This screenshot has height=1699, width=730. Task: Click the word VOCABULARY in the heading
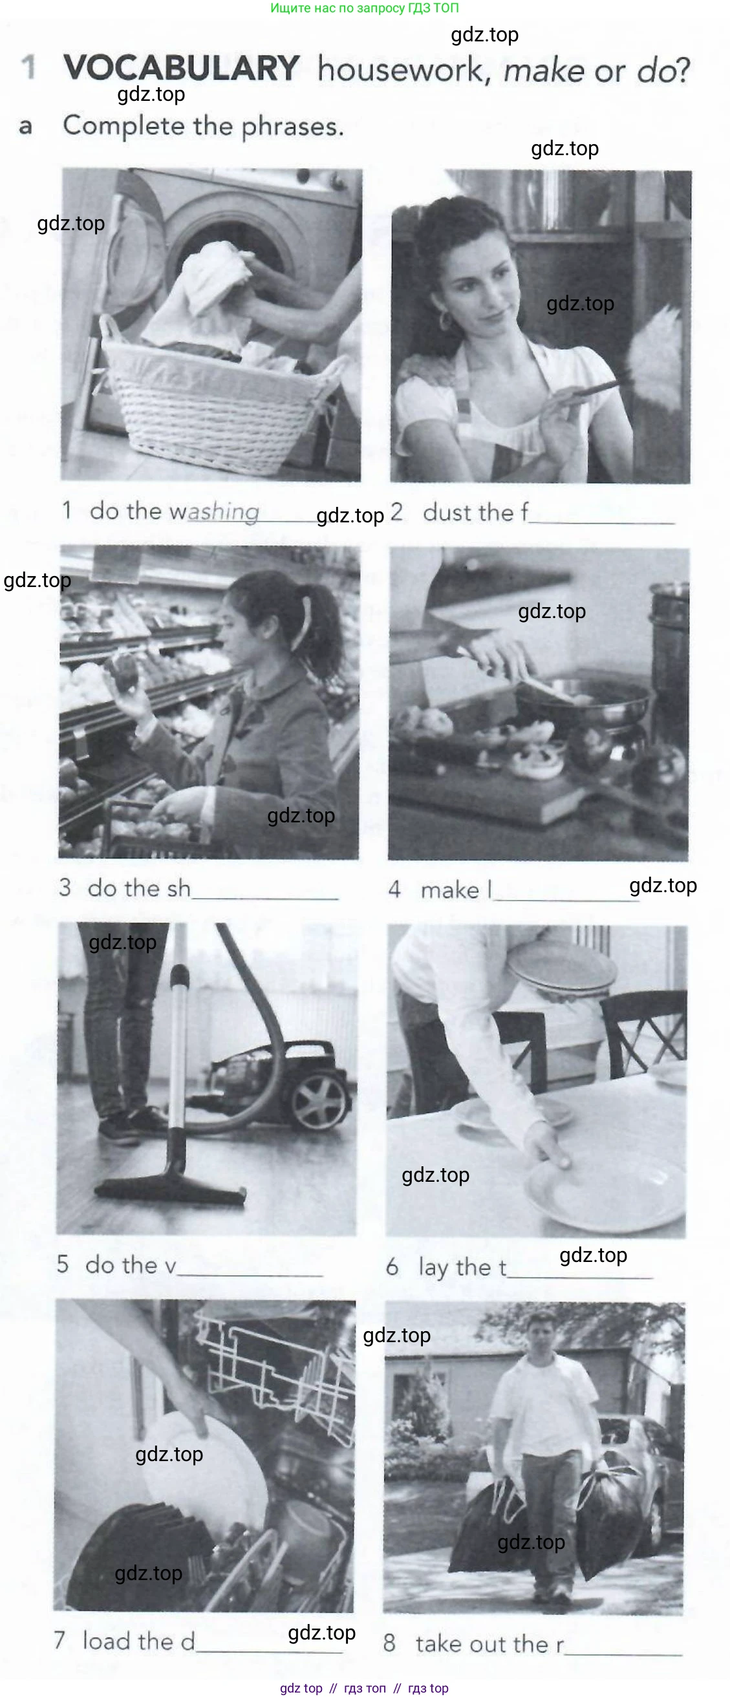click(181, 68)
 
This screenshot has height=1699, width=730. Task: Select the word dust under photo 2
click(449, 513)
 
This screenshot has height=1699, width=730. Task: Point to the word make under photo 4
click(450, 890)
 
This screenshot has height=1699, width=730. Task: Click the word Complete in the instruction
click(124, 125)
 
